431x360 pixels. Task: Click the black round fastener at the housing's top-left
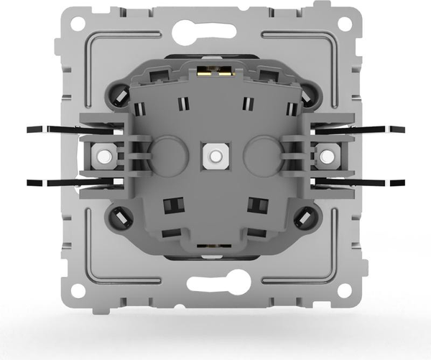(120, 93)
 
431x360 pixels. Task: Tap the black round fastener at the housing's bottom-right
(305, 216)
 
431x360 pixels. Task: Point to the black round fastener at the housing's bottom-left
(119, 216)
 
